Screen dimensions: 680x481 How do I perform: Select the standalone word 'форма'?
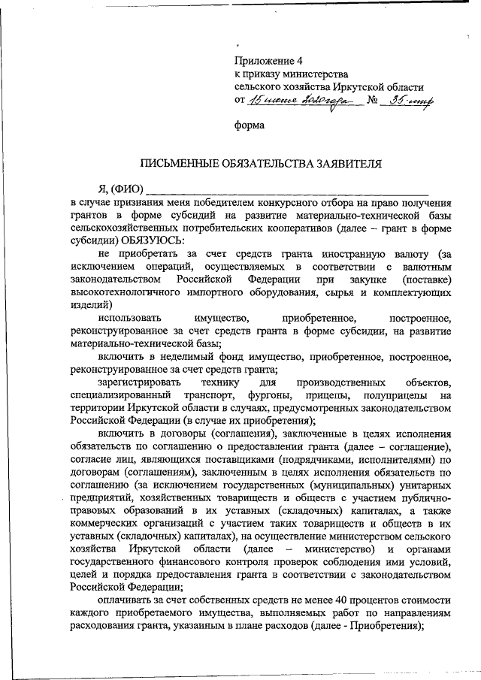click(x=250, y=125)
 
